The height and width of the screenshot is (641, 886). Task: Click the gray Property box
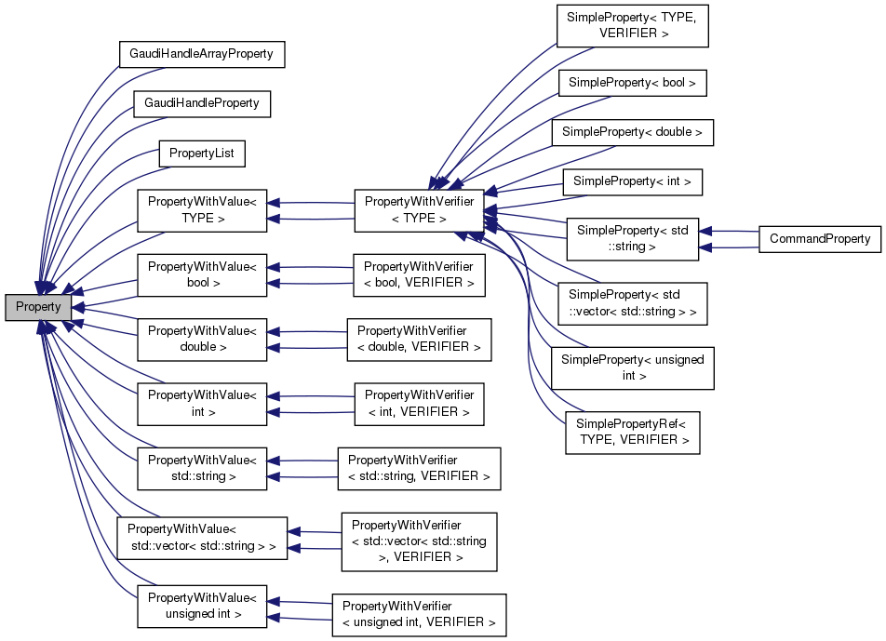click(x=38, y=307)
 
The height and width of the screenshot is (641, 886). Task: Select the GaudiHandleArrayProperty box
click(x=201, y=54)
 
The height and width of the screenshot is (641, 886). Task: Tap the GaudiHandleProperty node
click(x=201, y=102)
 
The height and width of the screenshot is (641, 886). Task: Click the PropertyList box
click(x=201, y=152)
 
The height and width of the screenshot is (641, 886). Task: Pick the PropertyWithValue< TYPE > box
click(x=202, y=210)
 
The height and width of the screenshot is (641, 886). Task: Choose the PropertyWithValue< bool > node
click(x=202, y=274)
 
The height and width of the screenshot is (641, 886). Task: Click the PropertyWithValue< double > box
click(x=202, y=339)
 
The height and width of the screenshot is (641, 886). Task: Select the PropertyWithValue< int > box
click(x=202, y=403)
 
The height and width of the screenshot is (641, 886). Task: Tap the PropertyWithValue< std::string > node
click(x=202, y=468)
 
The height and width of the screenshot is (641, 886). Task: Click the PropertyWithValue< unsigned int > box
click(x=202, y=605)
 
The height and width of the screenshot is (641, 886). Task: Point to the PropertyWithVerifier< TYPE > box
click(x=419, y=210)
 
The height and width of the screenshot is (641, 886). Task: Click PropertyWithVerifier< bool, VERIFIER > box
click(x=419, y=274)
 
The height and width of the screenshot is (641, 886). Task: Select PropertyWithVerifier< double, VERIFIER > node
click(x=419, y=339)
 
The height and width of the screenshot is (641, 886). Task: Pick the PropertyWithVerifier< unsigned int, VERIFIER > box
click(x=419, y=614)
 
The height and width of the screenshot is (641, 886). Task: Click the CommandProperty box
click(x=819, y=239)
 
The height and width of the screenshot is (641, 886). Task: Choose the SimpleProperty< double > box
click(x=632, y=132)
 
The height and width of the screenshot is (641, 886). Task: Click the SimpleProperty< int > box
click(x=632, y=181)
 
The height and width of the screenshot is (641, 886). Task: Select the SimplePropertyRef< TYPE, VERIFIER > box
click(x=632, y=432)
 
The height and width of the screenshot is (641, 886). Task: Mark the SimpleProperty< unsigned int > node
click(x=632, y=367)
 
